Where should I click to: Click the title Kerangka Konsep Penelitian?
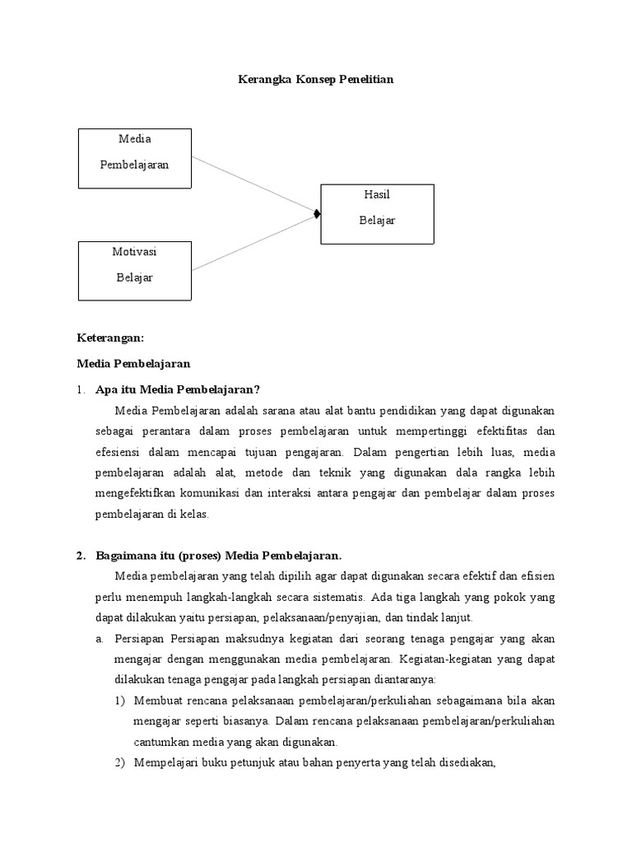click(315, 80)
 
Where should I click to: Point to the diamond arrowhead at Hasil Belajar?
click(317, 215)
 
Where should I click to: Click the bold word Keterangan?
click(110, 338)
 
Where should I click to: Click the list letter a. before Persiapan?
click(99, 639)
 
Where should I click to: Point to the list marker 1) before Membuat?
click(119, 701)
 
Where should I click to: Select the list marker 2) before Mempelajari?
click(119, 762)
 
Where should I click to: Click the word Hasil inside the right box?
click(377, 194)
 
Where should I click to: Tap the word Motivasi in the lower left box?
click(134, 252)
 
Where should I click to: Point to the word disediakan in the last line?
click(464, 762)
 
